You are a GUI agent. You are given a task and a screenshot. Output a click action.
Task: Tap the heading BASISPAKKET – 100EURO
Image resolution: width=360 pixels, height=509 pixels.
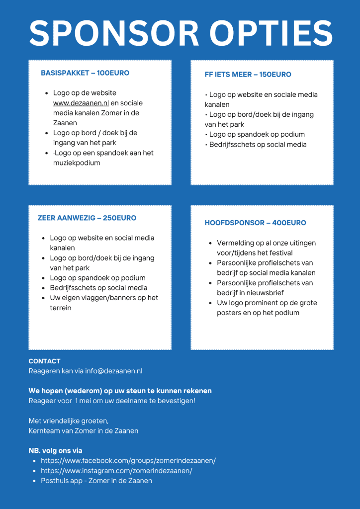[x=85, y=73]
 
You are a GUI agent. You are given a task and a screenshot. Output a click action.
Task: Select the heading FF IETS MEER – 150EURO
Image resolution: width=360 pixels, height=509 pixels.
[x=248, y=75]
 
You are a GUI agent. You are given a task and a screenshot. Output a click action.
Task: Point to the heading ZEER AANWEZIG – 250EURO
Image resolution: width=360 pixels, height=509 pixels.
[x=87, y=218]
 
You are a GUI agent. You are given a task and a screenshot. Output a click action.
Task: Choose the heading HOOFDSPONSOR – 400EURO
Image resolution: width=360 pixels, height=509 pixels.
[x=256, y=223]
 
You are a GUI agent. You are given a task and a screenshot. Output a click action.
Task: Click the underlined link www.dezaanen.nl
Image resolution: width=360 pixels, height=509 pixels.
[x=81, y=103]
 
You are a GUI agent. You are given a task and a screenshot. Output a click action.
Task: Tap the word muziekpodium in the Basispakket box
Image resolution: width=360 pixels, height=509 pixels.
[x=77, y=163]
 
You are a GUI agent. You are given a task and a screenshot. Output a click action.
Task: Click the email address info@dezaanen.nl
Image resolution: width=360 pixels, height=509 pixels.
[x=114, y=371]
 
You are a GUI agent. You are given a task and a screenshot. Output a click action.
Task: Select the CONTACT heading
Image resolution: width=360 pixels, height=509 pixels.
[x=45, y=361]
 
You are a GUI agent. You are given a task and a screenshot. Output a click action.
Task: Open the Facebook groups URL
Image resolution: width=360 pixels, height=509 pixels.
[x=128, y=461]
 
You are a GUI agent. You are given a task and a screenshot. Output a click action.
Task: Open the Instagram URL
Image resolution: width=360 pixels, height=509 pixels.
[x=116, y=471]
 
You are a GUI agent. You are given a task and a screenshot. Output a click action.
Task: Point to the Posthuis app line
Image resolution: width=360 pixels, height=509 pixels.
[x=96, y=481]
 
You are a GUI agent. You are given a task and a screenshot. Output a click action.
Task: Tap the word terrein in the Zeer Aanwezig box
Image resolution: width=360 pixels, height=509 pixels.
[x=61, y=308]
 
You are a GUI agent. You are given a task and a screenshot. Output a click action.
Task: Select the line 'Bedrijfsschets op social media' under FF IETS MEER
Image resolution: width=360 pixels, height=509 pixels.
[x=258, y=145]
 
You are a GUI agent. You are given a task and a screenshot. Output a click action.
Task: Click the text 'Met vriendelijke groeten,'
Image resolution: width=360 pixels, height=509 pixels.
[x=69, y=421]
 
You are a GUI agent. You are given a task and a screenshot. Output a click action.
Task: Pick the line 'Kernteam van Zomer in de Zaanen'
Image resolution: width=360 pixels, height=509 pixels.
[x=84, y=431]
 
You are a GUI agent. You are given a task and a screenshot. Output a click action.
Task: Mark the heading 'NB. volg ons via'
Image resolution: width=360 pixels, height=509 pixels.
[x=55, y=451]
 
